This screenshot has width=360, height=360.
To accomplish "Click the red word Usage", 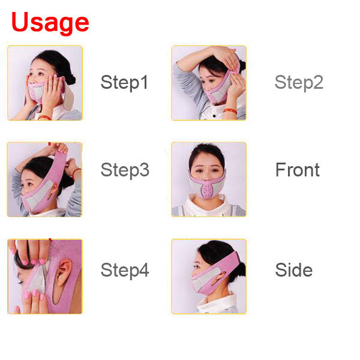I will coord(50,22).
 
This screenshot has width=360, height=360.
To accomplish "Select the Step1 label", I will coord(124,82).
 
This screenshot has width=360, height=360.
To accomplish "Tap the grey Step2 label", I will coord(299,82).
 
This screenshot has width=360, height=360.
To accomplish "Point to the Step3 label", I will coord(125,170).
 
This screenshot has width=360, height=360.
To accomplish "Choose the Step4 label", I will coord(125,270).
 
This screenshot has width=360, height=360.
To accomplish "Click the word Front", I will coord(298,170).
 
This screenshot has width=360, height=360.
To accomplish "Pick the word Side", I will coord(293,270).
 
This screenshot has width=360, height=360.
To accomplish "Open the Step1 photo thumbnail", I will coord(45,83).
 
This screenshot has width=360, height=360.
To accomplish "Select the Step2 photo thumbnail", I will coord(209,83).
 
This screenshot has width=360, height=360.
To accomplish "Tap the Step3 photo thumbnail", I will coord(45,179).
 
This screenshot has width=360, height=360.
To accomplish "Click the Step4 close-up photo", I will coord(45,277).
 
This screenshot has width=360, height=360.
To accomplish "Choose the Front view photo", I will coord(209,179).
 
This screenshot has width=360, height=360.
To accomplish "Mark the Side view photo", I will coord(209,277).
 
